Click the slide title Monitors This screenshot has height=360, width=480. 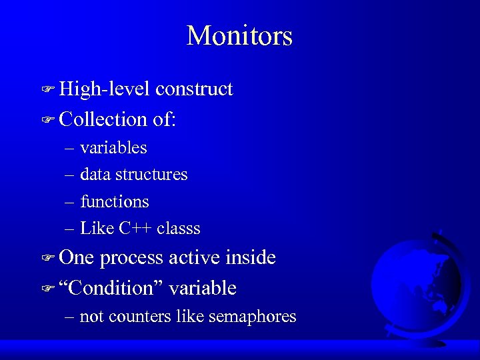(239, 35)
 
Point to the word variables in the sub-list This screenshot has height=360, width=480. (113, 147)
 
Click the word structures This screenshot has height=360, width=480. (151, 175)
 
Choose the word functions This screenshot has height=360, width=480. (114, 201)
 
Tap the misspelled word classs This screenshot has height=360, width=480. (179, 229)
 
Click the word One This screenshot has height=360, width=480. (77, 258)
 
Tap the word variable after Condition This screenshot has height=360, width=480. (203, 288)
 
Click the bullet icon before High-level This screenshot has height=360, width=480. (47, 90)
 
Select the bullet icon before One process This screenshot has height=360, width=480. (47, 259)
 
